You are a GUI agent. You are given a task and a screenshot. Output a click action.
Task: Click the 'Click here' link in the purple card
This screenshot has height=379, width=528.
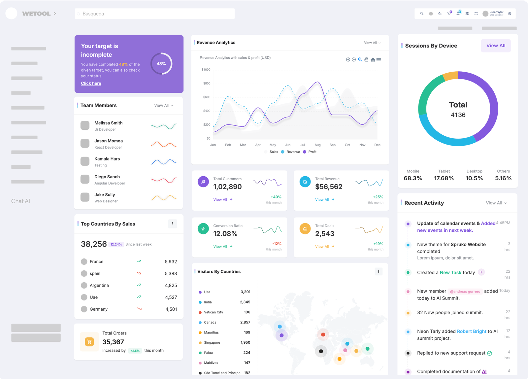tap(91, 84)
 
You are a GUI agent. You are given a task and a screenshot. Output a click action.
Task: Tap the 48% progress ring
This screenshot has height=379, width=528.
tap(161, 64)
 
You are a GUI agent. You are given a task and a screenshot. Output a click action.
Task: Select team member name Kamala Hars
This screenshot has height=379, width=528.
tap(107, 159)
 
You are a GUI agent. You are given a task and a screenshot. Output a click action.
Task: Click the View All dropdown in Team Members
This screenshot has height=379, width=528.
tap(163, 106)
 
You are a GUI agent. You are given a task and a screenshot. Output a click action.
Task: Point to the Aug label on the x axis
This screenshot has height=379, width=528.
tap(317, 145)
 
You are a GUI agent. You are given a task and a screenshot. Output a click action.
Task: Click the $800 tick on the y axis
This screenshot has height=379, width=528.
tap(207, 83)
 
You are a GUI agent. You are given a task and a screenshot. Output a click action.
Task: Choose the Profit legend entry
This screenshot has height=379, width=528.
tap(312, 152)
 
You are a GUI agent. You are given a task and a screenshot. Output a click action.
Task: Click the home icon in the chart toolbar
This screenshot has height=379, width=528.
tap(373, 60)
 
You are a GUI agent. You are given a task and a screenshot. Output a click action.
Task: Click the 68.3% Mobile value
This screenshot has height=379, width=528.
tap(413, 178)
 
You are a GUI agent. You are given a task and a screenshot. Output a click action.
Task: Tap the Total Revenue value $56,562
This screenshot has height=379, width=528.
tap(329, 187)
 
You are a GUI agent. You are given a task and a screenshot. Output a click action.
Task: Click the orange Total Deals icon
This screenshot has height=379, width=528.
tap(305, 229)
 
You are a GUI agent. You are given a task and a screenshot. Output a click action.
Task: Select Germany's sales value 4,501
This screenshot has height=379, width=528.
tap(171, 309)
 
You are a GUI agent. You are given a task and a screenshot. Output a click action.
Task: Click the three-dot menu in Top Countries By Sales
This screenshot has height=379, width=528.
tap(173, 224)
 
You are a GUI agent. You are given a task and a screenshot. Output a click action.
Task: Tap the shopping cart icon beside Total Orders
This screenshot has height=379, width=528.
tap(89, 342)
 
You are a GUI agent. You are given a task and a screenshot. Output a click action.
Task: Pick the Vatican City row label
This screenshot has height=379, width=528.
tap(213, 312)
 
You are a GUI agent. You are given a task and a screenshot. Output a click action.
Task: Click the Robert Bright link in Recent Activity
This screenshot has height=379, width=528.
tap(472, 331)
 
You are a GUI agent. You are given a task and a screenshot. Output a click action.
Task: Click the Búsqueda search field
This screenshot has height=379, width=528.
tap(154, 14)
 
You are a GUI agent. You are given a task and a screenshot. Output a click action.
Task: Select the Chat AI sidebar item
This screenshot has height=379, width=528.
tap(20, 201)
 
